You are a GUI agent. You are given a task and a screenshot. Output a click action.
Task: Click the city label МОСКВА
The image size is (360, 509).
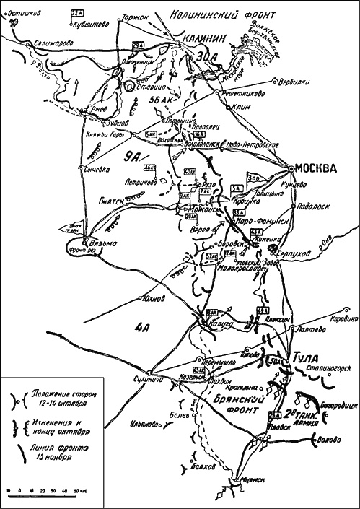[317, 169]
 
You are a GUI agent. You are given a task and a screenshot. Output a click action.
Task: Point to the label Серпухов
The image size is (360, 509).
[297, 246]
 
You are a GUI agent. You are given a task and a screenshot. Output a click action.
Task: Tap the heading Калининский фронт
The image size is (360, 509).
[219, 12]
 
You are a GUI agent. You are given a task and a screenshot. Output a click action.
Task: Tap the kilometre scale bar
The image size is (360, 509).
[43, 491]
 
